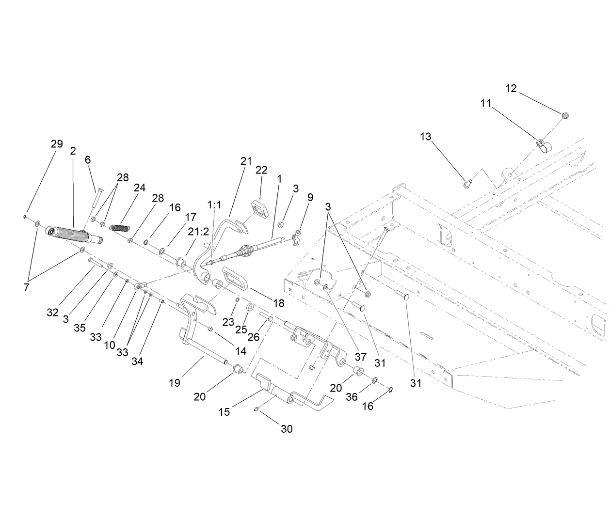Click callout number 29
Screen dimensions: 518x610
(57, 144)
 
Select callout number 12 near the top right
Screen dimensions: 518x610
(511, 88)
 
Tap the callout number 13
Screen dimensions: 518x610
(425, 137)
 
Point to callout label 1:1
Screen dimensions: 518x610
(214, 205)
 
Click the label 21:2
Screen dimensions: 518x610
(199, 232)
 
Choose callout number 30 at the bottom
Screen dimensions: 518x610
(287, 429)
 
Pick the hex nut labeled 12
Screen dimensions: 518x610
(565, 115)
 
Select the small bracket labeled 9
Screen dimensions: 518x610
(297, 236)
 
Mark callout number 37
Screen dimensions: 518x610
(360, 357)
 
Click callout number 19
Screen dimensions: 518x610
(175, 383)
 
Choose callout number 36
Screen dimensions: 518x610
(352, 397)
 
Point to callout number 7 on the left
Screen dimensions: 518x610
(26, 287)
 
